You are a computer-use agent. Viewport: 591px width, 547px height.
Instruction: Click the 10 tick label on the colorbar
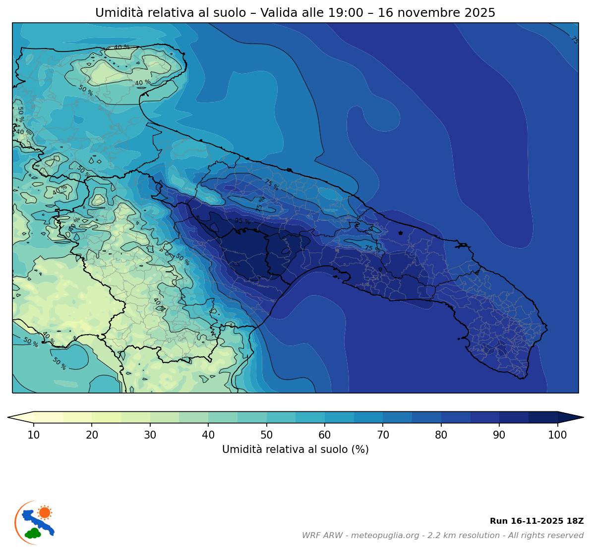click(34, 435)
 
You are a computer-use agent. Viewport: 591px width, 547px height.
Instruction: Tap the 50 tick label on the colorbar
click(266, 435)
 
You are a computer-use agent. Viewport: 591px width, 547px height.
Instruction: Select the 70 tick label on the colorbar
click(383, 435)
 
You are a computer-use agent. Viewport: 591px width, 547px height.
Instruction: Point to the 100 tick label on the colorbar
click(557, 435)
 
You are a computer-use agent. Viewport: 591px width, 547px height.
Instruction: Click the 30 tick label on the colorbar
click(150, 435)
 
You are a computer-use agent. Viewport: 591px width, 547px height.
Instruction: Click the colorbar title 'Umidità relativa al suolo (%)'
click(295, 449)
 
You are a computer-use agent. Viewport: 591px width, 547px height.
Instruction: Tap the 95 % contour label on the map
click(242, 221)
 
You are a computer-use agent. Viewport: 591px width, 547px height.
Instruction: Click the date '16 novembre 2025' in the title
click(436, 13)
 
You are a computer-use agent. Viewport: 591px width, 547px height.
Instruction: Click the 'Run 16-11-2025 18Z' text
click(536, 521)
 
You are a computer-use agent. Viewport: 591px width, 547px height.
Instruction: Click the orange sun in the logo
click(45, 512)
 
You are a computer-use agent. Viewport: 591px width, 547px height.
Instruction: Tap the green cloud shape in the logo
click(33, 533)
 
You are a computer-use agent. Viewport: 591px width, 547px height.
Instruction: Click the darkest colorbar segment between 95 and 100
click(543, 417)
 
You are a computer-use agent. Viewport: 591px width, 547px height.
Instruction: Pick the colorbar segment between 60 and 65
click(339, 417)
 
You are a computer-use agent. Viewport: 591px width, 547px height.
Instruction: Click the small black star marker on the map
click(401, 233)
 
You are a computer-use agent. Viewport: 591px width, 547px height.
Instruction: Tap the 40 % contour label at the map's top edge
click(121, 48)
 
